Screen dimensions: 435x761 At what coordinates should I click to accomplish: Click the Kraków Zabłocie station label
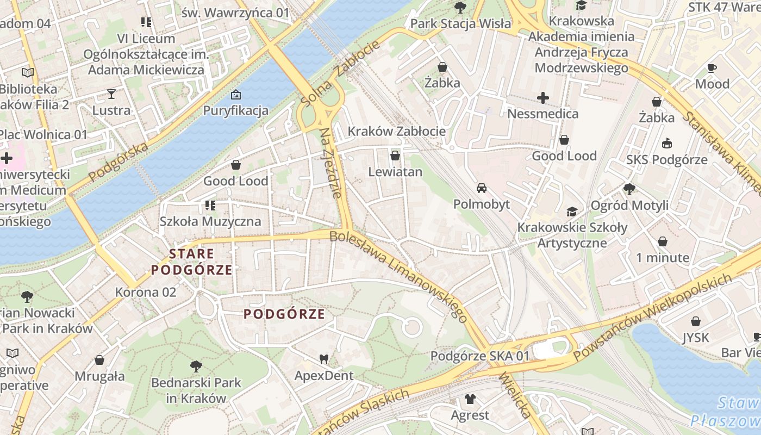click(396, 131)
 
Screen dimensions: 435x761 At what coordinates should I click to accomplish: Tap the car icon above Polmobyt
click(481, 189)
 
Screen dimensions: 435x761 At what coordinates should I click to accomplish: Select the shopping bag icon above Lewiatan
click(395, 156)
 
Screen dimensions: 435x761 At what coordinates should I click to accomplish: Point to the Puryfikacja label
click(235, 110)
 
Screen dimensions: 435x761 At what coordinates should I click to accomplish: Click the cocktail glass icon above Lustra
click(111, 94)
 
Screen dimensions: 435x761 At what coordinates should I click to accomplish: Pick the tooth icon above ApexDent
click(324, 359)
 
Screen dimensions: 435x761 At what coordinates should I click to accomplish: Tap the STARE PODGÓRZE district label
click(191, 262)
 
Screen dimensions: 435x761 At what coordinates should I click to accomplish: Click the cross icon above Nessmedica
click(542, 98)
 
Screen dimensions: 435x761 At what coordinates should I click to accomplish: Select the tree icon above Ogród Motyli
click(629, 189)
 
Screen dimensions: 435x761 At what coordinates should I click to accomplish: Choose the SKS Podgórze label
click(666, 159)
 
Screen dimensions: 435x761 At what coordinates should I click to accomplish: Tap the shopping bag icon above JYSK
click(696, 322)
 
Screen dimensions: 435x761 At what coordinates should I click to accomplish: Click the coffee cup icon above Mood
click(712, 68)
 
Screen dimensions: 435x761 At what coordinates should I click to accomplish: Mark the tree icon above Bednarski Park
click(196, 366)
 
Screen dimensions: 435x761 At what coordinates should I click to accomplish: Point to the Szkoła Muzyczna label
click(210, 221)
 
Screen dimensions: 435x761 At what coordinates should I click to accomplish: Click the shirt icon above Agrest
click(470, 400)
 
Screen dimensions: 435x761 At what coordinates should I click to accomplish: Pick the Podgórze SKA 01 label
click(479, 356)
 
